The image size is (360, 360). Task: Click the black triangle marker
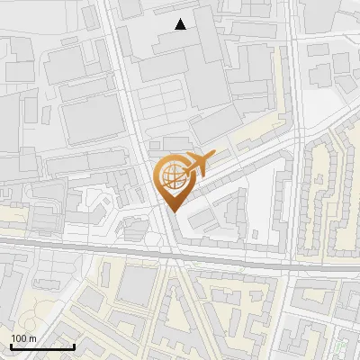(181, 24)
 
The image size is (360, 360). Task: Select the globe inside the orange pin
(172, 176)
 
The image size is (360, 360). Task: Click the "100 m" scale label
(23, 337)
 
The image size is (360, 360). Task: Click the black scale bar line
(42, 346)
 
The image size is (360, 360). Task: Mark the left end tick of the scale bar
(11, 345)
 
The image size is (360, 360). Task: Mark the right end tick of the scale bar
(74, 345)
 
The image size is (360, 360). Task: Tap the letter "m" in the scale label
(32, 337)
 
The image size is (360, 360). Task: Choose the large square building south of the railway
(136, 286)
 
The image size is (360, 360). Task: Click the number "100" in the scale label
(19, 337)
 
